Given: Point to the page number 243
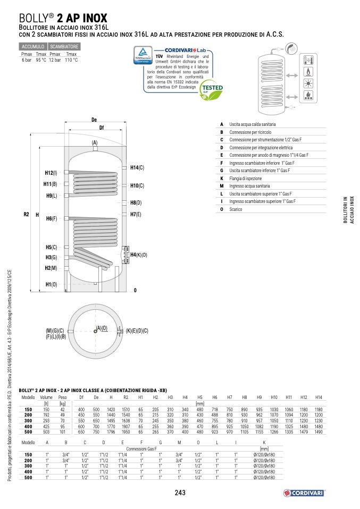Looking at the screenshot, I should (180, 493).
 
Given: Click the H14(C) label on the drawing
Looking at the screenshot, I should (137, 168).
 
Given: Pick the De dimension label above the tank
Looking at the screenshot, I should (94, 120).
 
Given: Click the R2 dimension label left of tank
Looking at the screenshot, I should (26, 215).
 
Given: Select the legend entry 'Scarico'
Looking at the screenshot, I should (235, 209).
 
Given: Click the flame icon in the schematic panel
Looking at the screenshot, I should (308, 72).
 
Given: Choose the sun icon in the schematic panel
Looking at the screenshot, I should (308, 83).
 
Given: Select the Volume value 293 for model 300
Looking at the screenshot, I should (46, 420).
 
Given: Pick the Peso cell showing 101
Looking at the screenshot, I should (63, 432).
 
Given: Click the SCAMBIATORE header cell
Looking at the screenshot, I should (64, 47).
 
